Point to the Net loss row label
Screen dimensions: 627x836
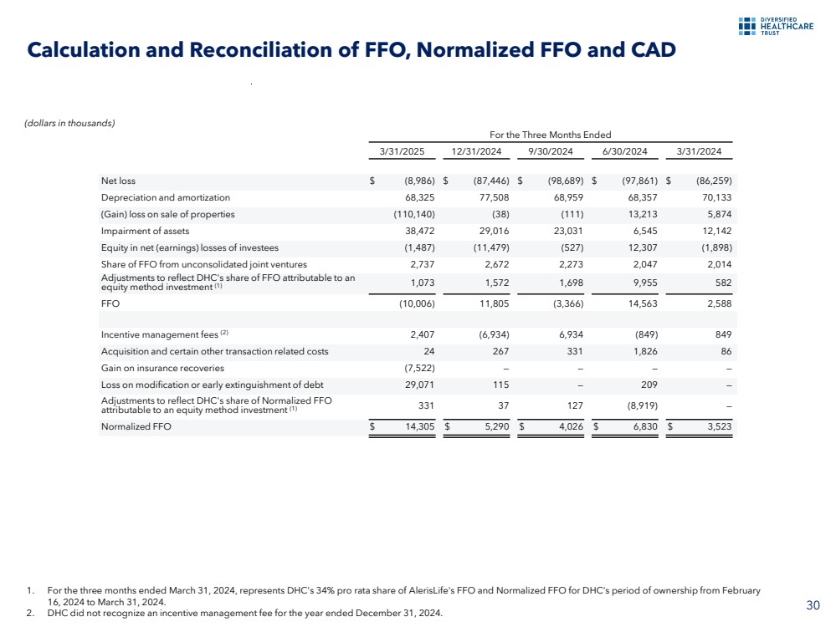pos(118,181)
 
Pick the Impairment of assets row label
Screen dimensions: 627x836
pos(145,231)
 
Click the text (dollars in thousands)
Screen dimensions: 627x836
pos(69,124)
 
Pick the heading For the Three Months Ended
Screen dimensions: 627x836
pos(551,135)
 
